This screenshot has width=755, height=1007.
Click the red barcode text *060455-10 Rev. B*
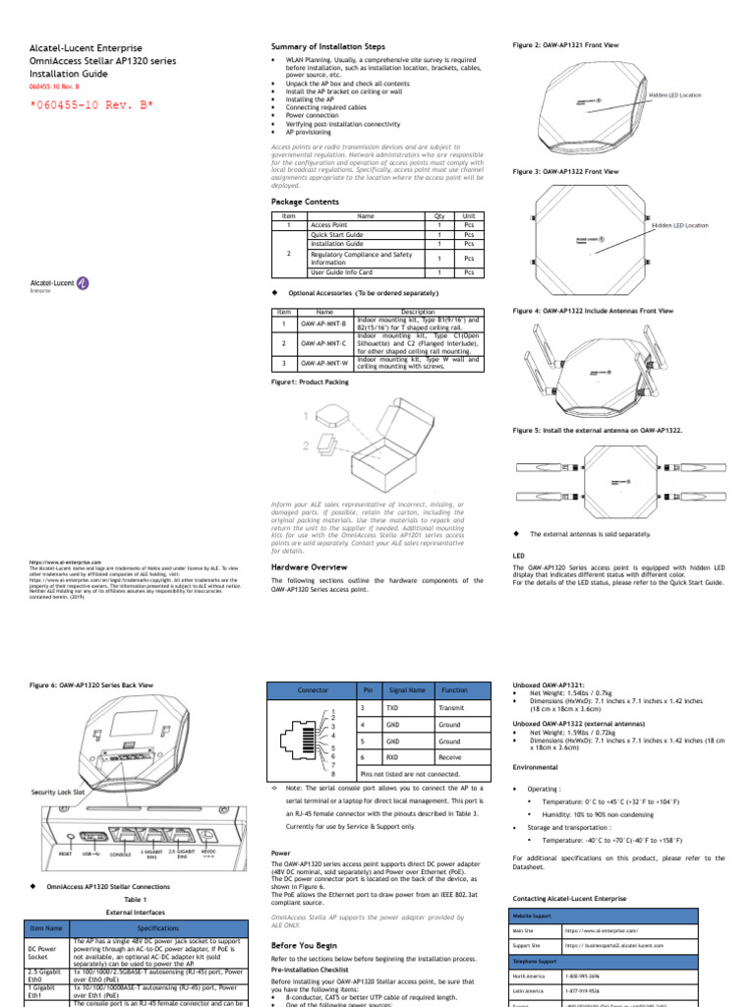(x=89, y=106)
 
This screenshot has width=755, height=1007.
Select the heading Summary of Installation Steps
(x=327, y=47)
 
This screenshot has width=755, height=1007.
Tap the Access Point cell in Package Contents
(x=329, y=225)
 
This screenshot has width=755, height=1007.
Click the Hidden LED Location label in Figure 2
(x=674, y=95)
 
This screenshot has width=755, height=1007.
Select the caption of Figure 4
(x=593, y=311)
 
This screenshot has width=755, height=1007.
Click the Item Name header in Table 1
(x=47, y=927)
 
